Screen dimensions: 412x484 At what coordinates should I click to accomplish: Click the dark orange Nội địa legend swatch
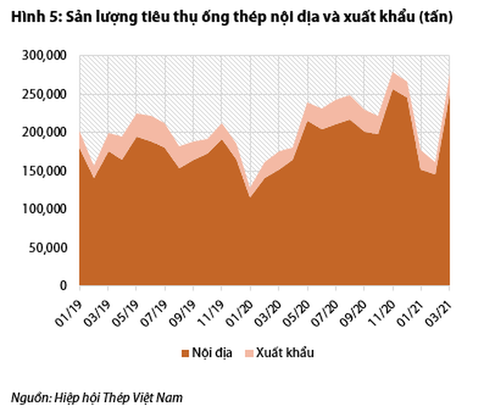(x=183, y=353)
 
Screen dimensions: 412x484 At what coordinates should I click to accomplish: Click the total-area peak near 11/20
(x=393, y=73)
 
